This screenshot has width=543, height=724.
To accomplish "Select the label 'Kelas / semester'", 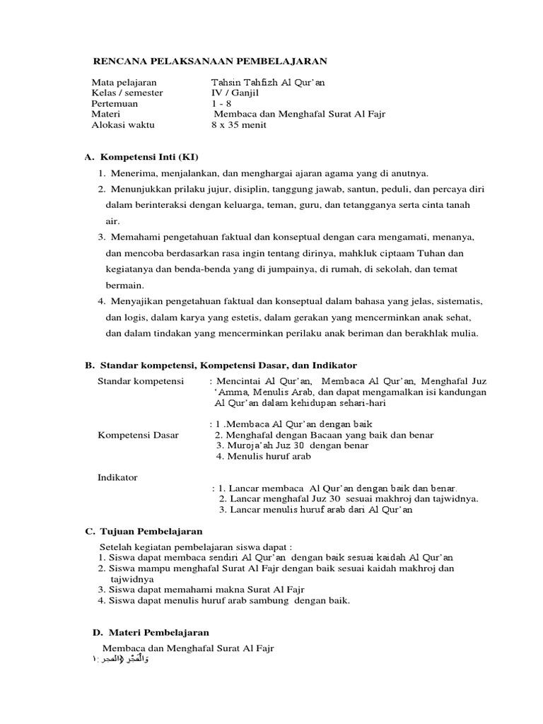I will pyautogui.click(x=127, y=93).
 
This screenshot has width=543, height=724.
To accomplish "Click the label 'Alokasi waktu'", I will pyautogui.click(x=123, y=125).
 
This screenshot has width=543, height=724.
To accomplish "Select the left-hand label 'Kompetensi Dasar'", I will pyautogui.click(x=138, y=435).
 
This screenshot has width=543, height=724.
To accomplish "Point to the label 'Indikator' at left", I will pyautogui.click(x=117, y=477).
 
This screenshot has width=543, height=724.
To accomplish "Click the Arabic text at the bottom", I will pyautogui.click(x=120, y=659).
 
